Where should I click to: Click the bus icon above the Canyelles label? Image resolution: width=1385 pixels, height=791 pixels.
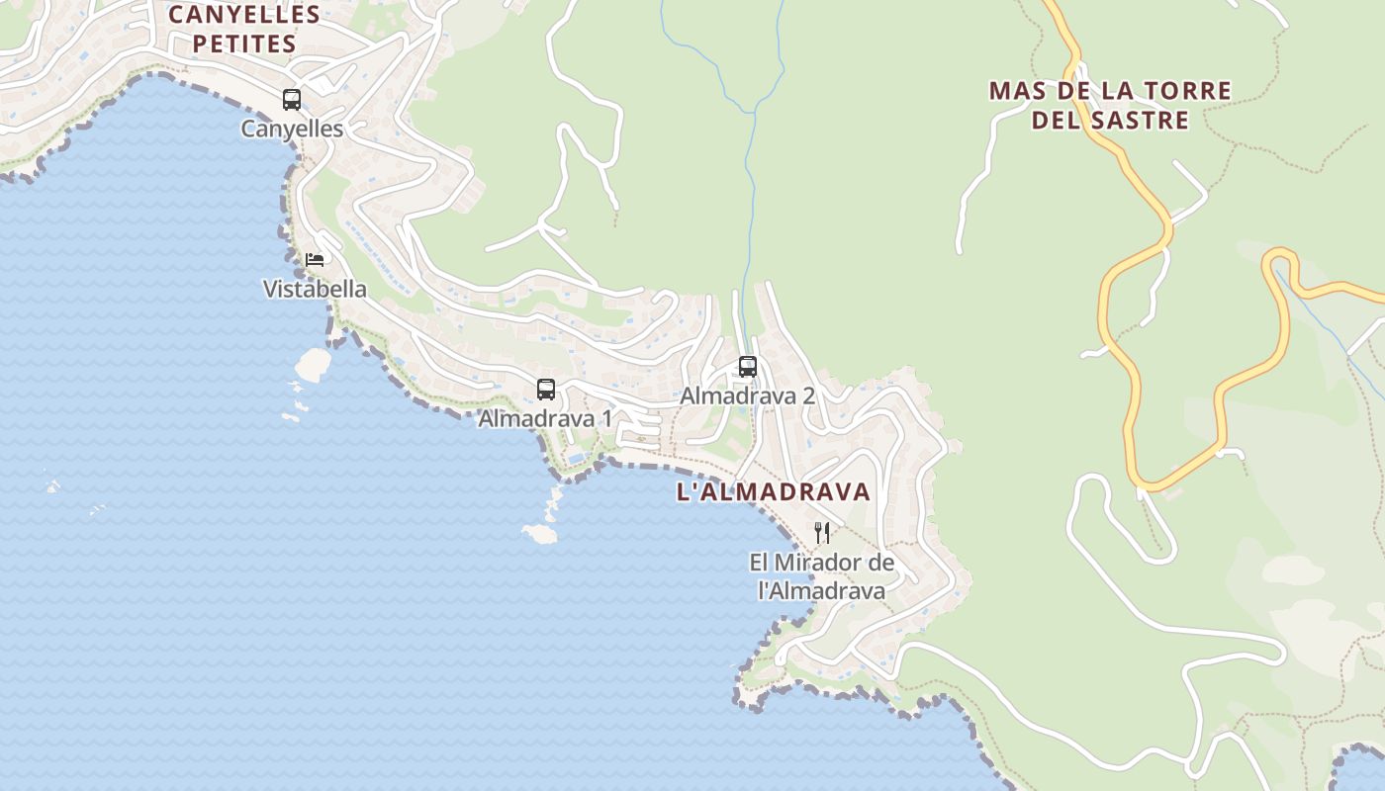tap(292, 100)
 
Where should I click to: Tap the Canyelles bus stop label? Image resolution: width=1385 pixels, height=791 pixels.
tap(292, 129)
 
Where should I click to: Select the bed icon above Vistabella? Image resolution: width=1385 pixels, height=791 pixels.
tap(315, 260)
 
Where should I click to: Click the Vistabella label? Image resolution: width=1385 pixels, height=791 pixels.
tap(315, 290)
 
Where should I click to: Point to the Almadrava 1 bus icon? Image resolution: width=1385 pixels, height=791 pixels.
tap(546, 390)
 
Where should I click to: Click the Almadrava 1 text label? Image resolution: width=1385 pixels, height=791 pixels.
tap(545, 418)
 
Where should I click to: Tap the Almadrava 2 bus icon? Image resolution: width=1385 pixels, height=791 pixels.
tap(748, 367)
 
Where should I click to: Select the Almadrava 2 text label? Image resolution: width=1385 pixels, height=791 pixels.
tap(747, 395)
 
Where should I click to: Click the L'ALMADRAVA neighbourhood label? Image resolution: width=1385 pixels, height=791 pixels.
tap(774, 492)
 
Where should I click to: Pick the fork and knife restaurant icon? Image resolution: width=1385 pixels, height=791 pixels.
tap(822, 533)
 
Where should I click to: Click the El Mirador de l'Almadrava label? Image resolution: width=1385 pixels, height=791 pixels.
tap(821, 576)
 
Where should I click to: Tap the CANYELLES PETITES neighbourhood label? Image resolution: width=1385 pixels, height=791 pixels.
tap(244, 30)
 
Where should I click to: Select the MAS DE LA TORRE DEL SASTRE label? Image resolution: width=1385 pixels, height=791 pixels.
tap(1110, 106)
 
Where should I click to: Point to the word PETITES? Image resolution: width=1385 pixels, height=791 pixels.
tap(244, 44)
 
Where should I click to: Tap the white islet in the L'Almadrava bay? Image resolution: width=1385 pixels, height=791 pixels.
tap(540, 534)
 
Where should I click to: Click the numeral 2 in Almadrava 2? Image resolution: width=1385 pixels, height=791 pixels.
tap(808, 395)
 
